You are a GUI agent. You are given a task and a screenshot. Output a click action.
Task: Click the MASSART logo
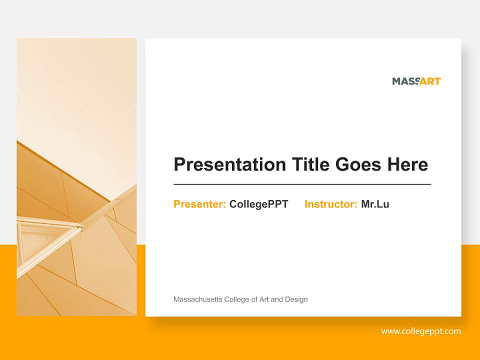click(416, 81)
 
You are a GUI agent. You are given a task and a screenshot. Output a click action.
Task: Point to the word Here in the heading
click(407, 164)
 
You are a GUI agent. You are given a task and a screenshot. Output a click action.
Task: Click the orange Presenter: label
click(199, 204)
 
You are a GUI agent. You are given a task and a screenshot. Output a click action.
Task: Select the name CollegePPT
click(258, 204)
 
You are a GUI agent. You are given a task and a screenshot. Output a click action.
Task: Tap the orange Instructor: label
click(330, 204)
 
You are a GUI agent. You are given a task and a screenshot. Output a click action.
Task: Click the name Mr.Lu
click(375, 204)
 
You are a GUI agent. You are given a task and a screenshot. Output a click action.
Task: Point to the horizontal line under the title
click(302, 184)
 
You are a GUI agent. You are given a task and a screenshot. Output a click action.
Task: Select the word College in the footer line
click(236, 299)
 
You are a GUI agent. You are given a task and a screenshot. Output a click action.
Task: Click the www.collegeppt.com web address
click(420, 331)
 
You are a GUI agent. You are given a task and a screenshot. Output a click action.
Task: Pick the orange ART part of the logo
click(430, 81)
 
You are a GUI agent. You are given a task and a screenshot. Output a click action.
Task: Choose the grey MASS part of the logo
click(404, 81)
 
